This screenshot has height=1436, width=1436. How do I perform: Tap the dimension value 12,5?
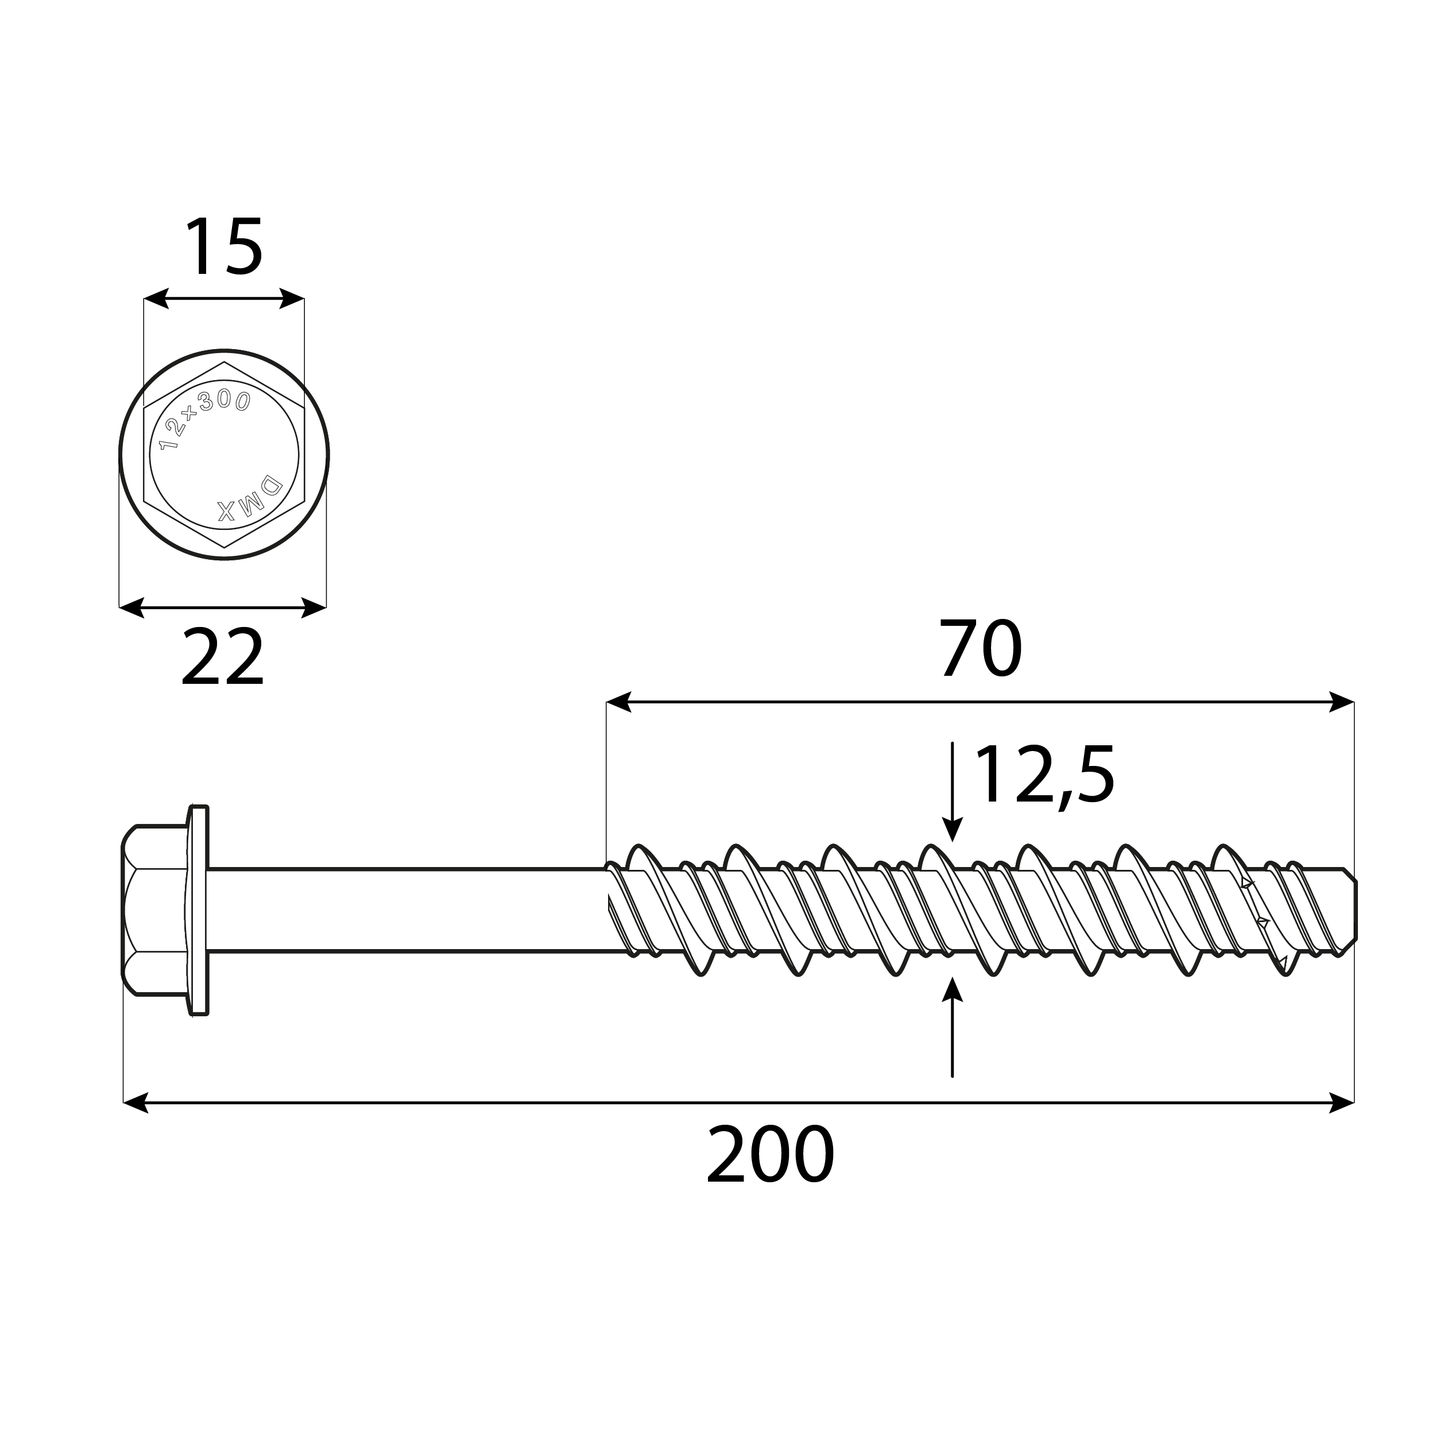[x=1044, y=776]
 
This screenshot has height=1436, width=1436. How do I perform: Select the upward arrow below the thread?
[x=952, y=992]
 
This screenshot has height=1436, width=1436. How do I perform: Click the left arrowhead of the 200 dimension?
[x=134, y=1102]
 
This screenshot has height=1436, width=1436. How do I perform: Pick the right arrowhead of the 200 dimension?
[x=1342, y=1102]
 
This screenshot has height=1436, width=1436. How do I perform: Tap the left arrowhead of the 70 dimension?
[x=618, y=702]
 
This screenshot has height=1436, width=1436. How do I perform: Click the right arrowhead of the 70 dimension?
[x=1342, y=702]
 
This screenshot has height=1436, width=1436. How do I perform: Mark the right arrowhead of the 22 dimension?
[x=315, y=607]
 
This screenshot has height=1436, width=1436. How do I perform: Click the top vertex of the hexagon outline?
[x=225, y=363]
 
